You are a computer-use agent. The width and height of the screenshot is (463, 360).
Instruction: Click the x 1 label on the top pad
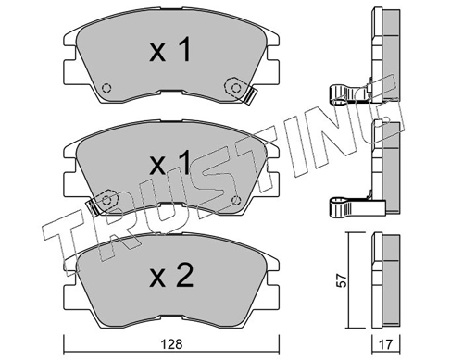(170, 51)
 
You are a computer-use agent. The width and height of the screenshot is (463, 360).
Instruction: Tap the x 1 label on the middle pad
(170, 163)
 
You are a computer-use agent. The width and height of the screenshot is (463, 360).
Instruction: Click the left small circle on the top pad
(107, 90)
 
